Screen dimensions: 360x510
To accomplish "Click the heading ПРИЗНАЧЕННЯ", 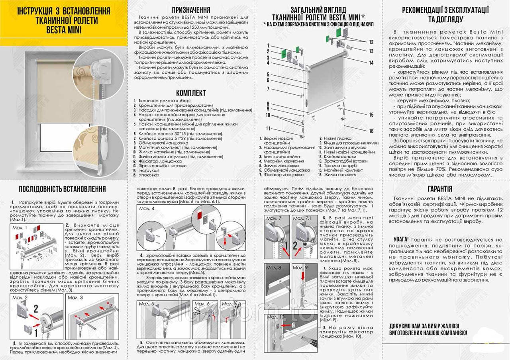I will click(191, 10).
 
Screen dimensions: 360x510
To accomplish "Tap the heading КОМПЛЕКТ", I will click(191, 93).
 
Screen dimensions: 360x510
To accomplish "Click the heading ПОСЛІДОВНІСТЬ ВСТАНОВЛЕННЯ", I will click(63, 189).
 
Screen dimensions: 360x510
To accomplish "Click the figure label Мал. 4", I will click(147, 208).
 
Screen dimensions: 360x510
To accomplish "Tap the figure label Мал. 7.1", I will click(302, 219).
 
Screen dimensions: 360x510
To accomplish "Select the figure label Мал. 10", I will click(276, 317).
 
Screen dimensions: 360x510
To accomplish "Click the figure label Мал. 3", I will click(75, 297).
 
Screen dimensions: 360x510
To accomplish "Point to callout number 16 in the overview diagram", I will click(371, 131).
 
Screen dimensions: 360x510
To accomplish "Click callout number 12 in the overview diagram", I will click(371, 42).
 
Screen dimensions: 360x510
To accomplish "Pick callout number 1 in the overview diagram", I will click(269, 45).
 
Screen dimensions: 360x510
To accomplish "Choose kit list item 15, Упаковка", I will click(147, 175).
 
